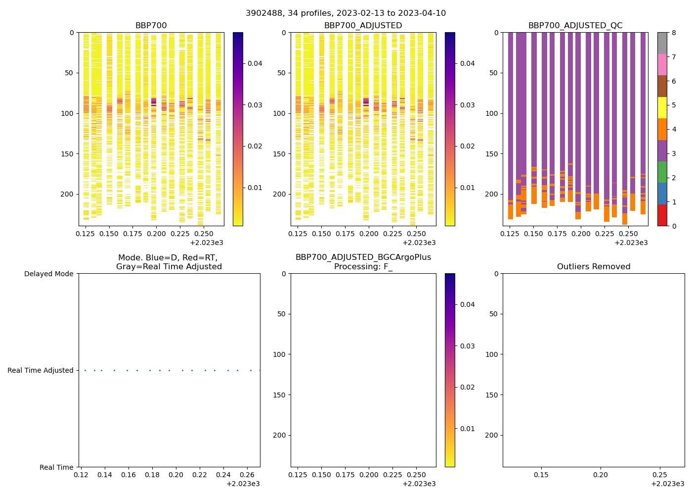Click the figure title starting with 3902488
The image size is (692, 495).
(346, 13)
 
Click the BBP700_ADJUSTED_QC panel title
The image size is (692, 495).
(575, 26)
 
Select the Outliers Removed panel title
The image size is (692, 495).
(593, 267)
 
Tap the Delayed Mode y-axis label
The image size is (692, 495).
(48, 274)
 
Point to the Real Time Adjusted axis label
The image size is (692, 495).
(40, 370)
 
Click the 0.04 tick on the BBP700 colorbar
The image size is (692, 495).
(255, 63)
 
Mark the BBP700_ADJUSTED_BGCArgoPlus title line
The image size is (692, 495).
(363, 257)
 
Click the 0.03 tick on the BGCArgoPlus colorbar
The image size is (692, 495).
(467, 346)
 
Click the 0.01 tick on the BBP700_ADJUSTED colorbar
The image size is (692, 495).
(467, 188)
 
